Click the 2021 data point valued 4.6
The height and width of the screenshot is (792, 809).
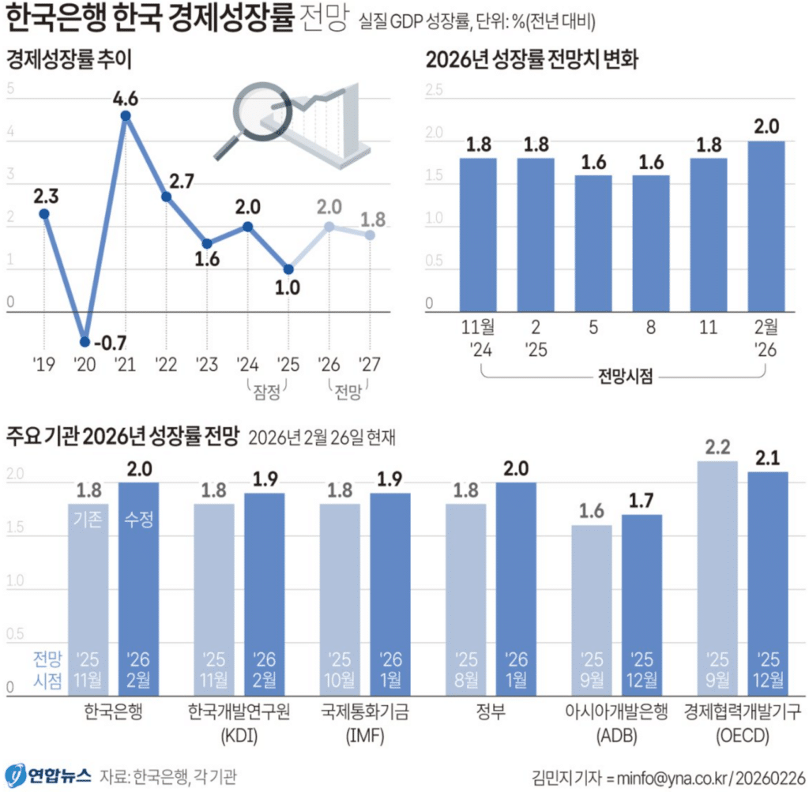click(125, 116)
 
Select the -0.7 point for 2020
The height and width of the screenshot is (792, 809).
click(85, 342)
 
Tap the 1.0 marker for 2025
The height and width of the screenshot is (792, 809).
click(288, 269)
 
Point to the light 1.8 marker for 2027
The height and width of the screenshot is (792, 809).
click(369, 235)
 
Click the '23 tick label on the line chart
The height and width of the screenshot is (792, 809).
click(206, 364)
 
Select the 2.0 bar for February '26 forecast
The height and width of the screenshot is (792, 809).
click(766, 225)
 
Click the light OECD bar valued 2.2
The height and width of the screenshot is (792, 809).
click(717, 577)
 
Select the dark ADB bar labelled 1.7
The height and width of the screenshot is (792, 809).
click(642, 604)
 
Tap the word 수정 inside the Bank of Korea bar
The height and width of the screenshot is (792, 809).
click(138, 520)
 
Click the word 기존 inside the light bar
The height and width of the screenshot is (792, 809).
click(88, 520)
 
